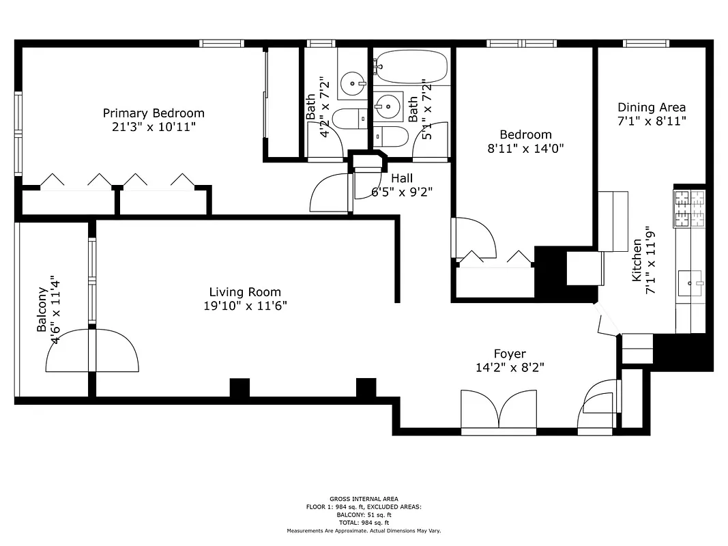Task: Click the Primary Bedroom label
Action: coord(154,113)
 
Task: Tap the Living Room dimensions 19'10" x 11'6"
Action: coord(245,306)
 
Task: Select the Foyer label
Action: coord(510,354)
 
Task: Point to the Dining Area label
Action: coord(652,107)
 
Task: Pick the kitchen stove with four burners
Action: coord(689,209)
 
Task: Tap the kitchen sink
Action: coord(690,281)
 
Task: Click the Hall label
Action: coord(401,178)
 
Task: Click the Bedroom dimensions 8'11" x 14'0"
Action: coord(525,147)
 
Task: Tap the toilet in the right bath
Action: coord(392,137)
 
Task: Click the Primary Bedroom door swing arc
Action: coord(330,194)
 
